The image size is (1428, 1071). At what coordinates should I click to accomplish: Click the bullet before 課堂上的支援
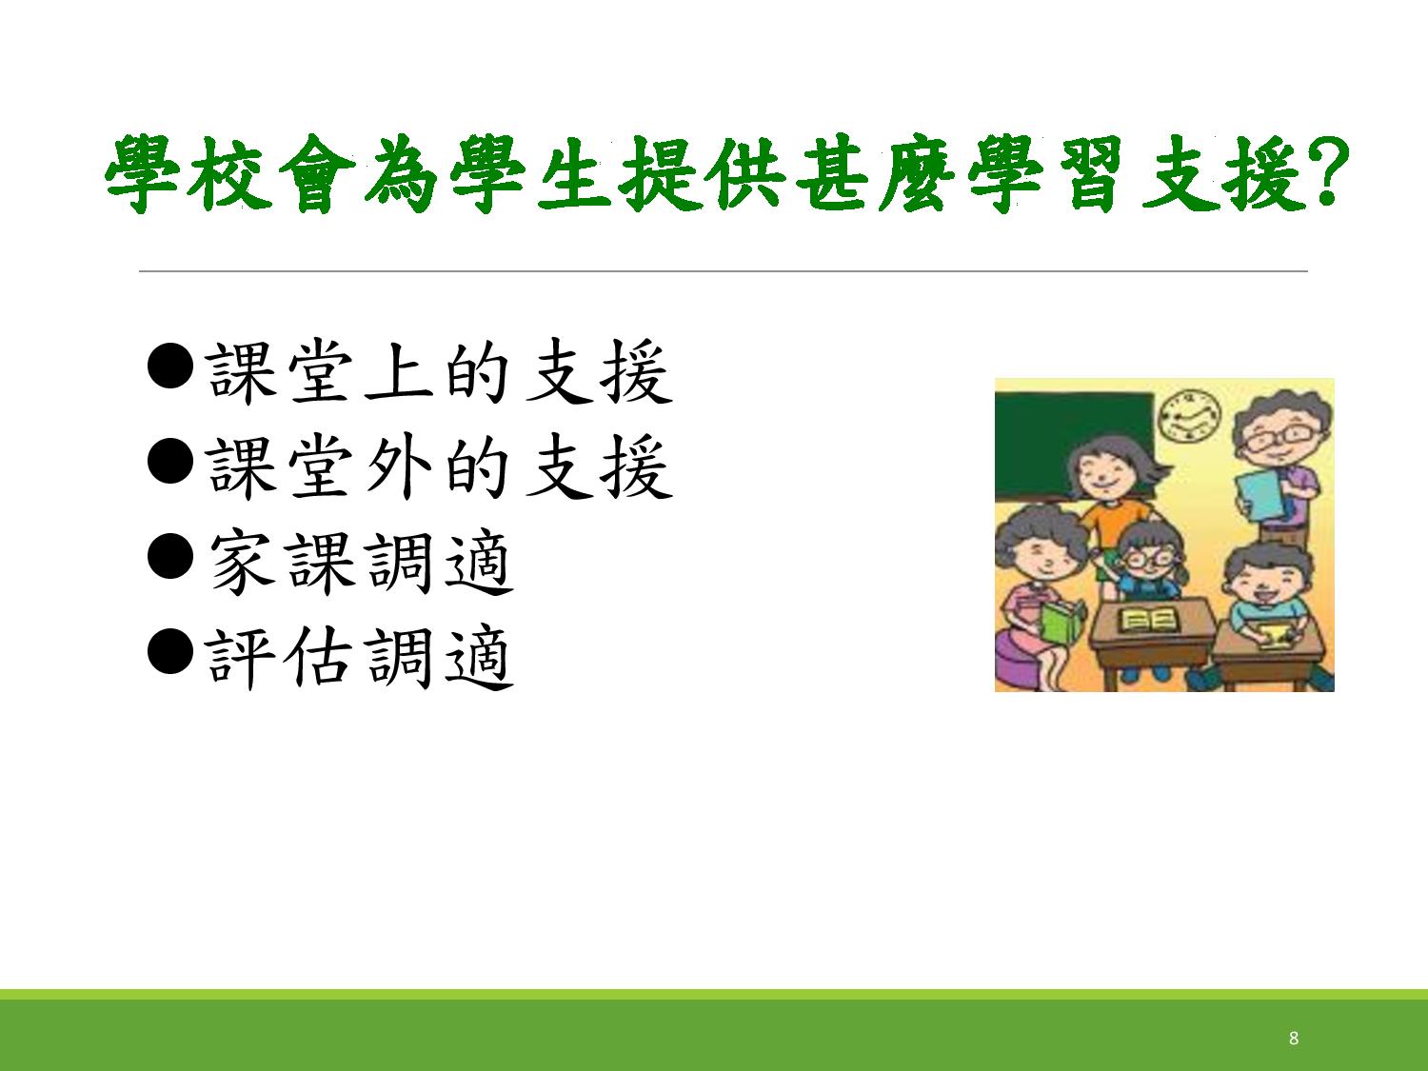pyautogui.click(x=170, y=367)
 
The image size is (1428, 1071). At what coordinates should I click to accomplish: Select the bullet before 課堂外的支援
pyautogui.click(x=170, y=461)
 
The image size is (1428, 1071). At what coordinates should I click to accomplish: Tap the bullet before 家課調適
pyautogui.click(x=170, y=557)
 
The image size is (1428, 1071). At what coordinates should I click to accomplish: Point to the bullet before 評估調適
pyautogui.click(x=170, y=651)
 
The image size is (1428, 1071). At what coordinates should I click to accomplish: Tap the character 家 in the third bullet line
pyautogui.click(x=241, y=563)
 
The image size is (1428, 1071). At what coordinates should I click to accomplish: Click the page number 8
pyautogui.click(x=1294, y=1039)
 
